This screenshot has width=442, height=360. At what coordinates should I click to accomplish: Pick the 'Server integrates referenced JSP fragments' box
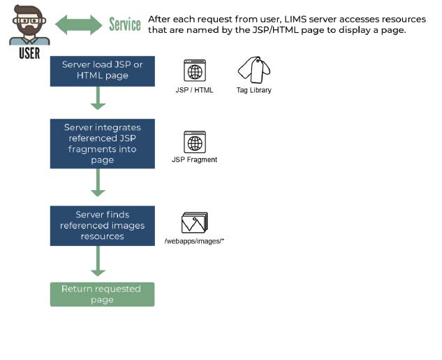(x=101, y=143)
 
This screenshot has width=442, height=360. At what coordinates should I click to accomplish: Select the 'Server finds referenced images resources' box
(x=101, y=225)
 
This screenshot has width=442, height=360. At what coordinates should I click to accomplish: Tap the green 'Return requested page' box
(x=101, y=294)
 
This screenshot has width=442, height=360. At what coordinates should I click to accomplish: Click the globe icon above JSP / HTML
(x=195, y=71)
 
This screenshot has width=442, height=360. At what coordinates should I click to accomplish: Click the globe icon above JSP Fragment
(x=195, y=142)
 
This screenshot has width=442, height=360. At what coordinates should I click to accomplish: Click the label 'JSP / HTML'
(x=195, y=90)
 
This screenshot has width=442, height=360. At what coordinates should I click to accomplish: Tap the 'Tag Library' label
(x=253, y=90)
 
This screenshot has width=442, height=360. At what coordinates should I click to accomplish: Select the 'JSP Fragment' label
(x=195, y=160)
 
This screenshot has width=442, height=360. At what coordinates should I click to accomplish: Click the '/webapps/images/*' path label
(x=194, y=241)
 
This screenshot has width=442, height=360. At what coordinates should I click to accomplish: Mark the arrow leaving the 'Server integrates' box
(x=98, y=182)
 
